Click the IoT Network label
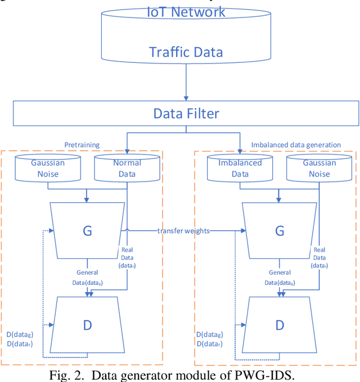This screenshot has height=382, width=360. click(x=186, y=12)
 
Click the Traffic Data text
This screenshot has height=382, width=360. click(x=186, y=52)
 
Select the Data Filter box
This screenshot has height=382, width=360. click(x=186, y=114)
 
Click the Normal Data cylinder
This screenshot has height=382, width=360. click(x=127, y=168)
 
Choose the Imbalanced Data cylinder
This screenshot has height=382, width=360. click(x=240, y=168)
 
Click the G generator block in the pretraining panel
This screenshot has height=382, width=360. click(x=87, y=231)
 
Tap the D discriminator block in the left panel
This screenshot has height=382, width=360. click(x=87, y=324)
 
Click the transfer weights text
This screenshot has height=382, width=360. click(x=184, y=231)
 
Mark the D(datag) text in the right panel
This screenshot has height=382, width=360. click(x=209, y=335)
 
